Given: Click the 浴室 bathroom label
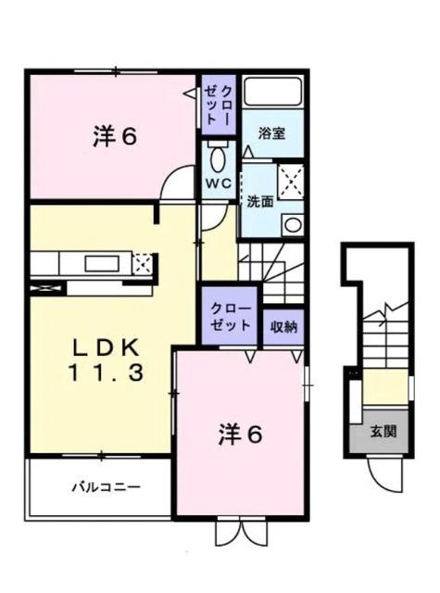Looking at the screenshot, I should (272, 133).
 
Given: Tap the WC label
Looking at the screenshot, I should (218, 183).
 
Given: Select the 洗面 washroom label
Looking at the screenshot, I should (259, 200).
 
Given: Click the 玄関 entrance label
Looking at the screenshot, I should (383, 432).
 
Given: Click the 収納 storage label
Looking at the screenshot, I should (284, 325).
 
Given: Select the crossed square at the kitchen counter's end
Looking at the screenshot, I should (143, 263).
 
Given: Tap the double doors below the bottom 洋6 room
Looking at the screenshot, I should (240, 532).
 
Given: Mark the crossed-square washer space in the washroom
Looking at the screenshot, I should (292, 179).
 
